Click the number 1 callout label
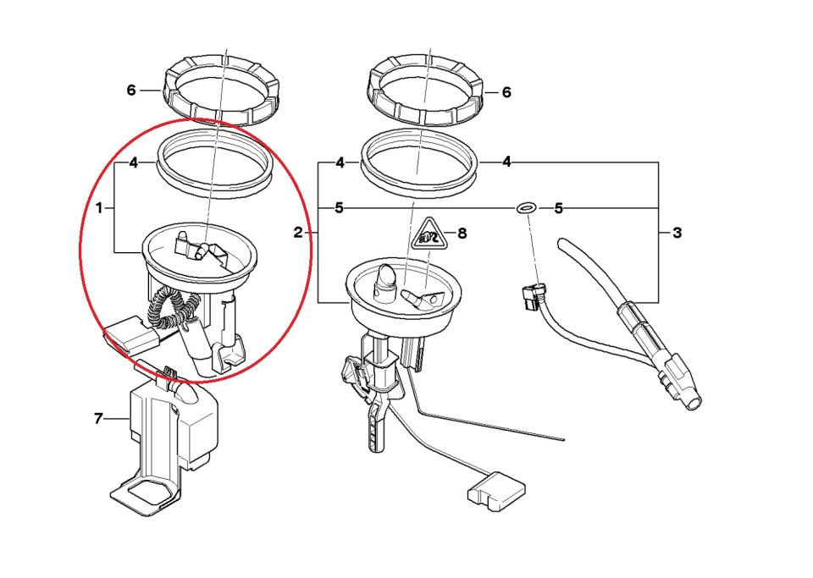[x=99, y=207]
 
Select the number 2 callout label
[x=298, y=232]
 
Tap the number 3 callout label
[x=677, y=232]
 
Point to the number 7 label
[x=98, y=418]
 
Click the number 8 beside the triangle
[x=462, y=232]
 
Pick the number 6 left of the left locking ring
[x=131, y=90]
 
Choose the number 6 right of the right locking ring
[x=506, y=92]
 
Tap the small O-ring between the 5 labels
[x=525, y=207]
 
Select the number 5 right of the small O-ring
[x=558, y=207]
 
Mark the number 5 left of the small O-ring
[x=339, y=207]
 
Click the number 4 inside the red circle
[x=133, y=162]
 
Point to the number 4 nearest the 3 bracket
[x=506, y=162]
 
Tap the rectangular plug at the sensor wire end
[x=492, y=490]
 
